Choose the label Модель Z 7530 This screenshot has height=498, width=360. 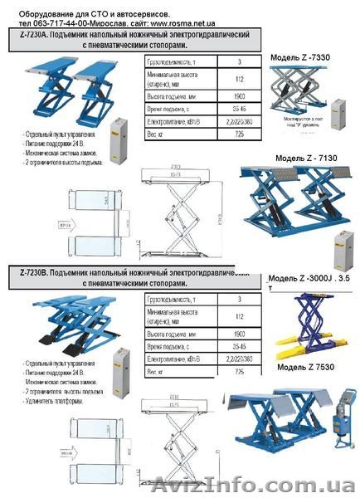303,366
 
